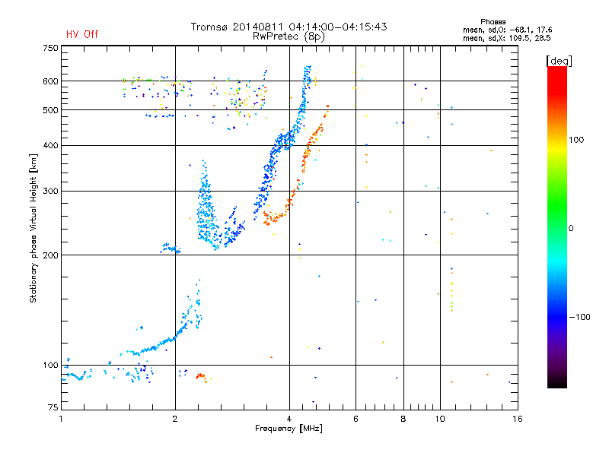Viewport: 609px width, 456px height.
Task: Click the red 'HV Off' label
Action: pyautogui.click(x=82, y=34)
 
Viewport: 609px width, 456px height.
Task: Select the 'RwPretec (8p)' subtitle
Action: pyautogui.click(x=289, y=36)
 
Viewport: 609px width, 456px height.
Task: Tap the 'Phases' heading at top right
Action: pyautogui.click(x=493, y=22)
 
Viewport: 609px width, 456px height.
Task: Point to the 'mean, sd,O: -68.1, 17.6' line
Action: pyautogui.click(x=507, y=30)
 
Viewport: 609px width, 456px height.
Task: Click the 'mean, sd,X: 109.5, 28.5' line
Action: pyautogui.click(x=506, y=38)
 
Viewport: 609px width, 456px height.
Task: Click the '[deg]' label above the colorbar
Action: pyautogui.click(x=559, y=61)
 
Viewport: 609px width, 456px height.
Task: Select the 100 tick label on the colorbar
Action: pyautogui.click(x=576, y=140)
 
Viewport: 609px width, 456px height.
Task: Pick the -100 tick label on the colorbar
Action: pyautogui.click(x=580, y=317)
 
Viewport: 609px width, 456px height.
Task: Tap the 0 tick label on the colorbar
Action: pyautogui.click(x=571, y=229)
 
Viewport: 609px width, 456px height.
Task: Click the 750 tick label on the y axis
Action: pyautogui.click(x=50, y=48)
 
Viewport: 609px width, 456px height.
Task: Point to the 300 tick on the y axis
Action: pyautogui.click(x=50, y=191)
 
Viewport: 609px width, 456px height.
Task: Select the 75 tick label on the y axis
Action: pyautogui.click(x=53, y=407)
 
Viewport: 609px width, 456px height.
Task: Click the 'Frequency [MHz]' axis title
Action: pyautogui.click(x=289, y=429)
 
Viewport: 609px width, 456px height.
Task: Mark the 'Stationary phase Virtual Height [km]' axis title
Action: pyautogui.click(x=33, y=228)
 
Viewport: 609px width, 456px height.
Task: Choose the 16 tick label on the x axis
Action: pyautogui.click(x=518, y=419)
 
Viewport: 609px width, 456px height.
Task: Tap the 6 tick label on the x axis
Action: pyautogui.click(x=356, y=419)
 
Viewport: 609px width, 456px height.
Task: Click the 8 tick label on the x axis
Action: pyautogui.click(x=403, y=419)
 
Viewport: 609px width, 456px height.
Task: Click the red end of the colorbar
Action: pyautogui.click(x=557, y=68)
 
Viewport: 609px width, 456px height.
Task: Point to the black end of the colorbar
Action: pyautogui.click(x=557, y=386)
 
